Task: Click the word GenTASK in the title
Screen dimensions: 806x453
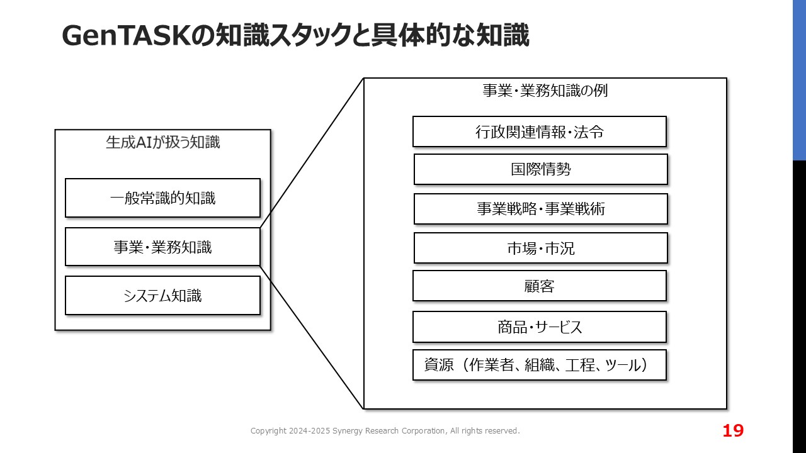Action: pyautogui.click(x=127, y=36)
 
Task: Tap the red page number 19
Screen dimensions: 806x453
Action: pyautogui.click(x=733, y=430)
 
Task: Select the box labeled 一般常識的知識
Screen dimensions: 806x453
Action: pyautogui.click(x=162, y=198)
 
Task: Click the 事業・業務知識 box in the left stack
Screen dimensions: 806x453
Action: pyautogui.click(x=162, y=247)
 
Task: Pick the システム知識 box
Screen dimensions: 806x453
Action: pyautogui.click(x=162, y=296)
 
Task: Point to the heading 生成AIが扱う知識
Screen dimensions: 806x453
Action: pyautogui.click(x=162, y=142)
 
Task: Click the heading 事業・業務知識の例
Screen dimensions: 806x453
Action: pyautogui.click(x=545, y=91)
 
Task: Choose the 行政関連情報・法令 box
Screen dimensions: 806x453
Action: pyautogui.click(x=540, y=131)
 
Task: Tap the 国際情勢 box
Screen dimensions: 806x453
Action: pyautogui.click(x=541, y=169)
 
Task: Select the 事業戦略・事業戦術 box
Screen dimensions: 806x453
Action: pyautogui.click(x=541, y=209)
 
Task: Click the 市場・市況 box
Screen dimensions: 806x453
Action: pyautogui.click(x=541, y=248)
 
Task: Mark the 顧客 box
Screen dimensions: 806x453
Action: pyautogui.click(x=540, y=286)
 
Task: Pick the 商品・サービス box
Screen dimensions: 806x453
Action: pyautogui.click(x=540, y=327)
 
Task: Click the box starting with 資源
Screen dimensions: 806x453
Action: pyautogui.click(x=540, y=365)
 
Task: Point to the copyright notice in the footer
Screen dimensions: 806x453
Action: pyautogui.click(x=385, y=431)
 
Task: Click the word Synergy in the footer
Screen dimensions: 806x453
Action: pyautogui.click(x=347, y=431)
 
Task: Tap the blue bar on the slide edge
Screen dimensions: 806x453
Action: pyautogui.click(x=800, y=80)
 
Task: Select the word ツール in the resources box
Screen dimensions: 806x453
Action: pyautogui.click(x=623, y=365)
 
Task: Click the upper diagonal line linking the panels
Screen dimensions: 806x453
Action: pyautogui.click(x=312, y=153)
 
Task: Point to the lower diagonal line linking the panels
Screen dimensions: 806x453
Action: pyautogui.click(x=312, y=337)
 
